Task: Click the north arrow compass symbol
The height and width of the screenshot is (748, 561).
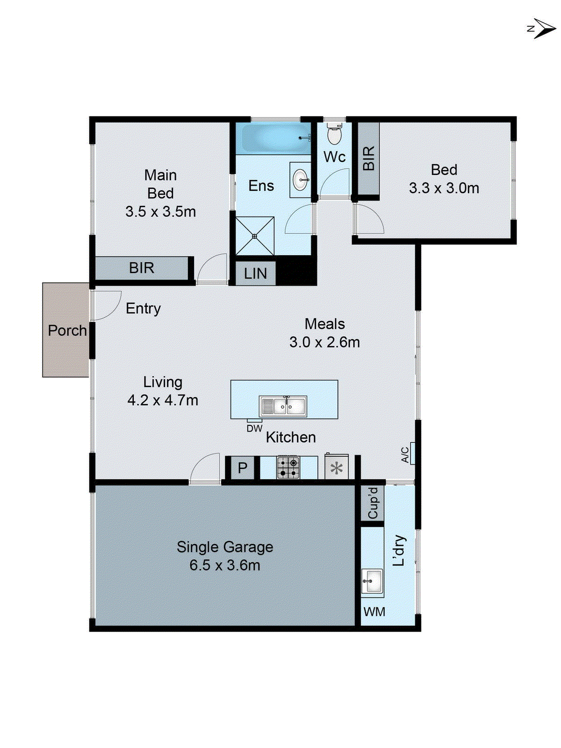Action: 542,29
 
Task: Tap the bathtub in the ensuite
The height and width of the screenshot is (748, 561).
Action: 273,137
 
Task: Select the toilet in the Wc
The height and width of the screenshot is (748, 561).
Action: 334,135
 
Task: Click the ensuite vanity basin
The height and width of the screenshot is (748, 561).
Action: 300,180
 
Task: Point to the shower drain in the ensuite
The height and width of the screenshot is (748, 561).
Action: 255,237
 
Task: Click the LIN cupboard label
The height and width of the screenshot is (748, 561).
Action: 255,273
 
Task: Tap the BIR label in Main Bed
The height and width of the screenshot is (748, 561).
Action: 142,268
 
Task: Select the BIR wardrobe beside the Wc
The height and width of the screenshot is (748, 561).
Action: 368,158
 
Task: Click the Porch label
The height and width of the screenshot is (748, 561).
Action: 67,331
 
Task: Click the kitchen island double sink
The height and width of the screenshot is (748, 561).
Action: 283,406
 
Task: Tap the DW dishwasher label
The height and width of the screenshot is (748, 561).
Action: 254,428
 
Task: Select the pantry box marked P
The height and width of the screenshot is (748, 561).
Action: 242,468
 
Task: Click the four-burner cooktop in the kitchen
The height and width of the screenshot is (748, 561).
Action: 288,467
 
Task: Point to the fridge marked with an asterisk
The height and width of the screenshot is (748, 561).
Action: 337,468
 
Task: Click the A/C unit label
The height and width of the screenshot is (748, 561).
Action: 405,454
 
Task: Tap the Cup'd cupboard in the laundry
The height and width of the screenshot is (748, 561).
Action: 373,503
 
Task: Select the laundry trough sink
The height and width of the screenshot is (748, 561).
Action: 373,582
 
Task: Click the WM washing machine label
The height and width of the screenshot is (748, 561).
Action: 374,611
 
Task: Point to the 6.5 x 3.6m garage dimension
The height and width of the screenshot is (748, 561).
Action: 225,565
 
